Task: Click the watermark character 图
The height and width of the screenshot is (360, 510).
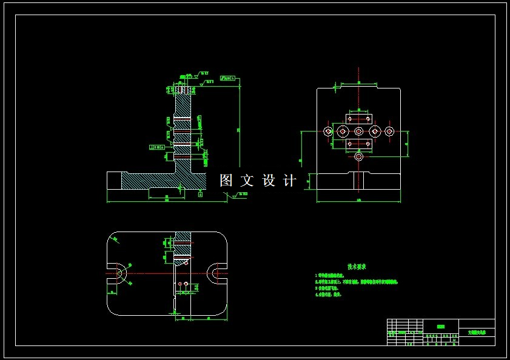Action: [226, 181]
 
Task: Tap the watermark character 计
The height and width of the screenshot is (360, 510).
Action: [290, 181]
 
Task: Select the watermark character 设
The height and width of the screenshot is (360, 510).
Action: [269, 181]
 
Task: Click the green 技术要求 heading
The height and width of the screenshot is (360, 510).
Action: [357, 267]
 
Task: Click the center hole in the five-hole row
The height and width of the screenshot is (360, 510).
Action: [359, 132]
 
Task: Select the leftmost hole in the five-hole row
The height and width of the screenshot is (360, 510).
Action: [328, 132]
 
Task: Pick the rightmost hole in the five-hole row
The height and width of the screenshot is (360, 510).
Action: [389, 132]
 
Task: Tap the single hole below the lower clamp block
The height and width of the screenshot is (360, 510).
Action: [359, 157]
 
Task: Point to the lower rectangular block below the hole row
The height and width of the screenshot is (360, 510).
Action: [358, 144]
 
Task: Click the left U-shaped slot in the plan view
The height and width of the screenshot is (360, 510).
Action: [119, 273]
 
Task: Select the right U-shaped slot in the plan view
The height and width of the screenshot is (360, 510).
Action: [216, 273]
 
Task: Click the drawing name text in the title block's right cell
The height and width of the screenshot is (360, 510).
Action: [477, 332]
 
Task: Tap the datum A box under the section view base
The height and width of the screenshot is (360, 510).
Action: [201, 195]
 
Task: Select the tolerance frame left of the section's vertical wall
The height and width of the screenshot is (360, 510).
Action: [157, 147]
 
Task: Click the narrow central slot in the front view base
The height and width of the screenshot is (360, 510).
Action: [359, 180]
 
